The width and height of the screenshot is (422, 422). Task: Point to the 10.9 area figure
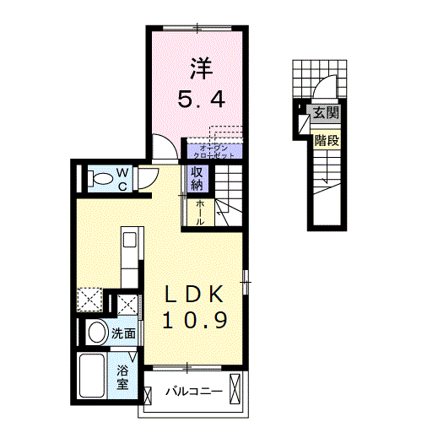coord(193,321)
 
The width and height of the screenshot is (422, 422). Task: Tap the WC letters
coord(122,178)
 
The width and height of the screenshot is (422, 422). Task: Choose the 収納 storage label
coord(197,178)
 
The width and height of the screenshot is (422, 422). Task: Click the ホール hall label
coord(200,212)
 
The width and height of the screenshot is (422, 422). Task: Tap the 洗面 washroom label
coord(123,333)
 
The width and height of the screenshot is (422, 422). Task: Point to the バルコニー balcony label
coord(193,392)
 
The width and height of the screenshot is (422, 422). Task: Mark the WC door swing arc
coord(148,176)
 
